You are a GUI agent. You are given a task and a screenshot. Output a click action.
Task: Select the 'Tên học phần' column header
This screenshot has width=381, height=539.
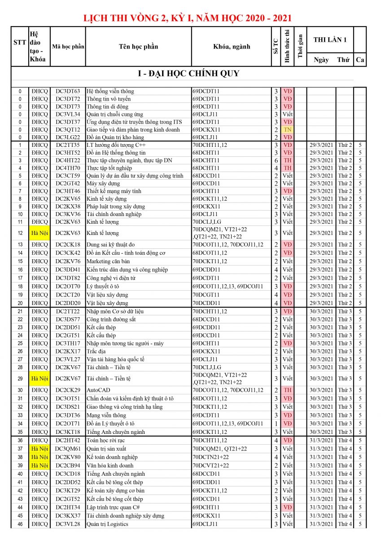pos(138,47)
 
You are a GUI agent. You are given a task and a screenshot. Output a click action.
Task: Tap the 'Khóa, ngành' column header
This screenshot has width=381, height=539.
pos(232,47)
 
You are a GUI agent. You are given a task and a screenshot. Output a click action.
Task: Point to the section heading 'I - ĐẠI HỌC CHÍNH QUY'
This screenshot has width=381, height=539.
pos(188,74)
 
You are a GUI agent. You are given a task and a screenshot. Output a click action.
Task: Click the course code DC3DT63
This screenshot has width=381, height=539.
pos(68,91)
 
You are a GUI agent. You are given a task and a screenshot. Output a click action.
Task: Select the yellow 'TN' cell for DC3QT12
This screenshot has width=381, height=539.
pos(288,129)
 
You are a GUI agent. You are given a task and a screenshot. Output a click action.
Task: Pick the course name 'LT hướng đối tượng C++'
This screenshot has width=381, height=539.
pos(116,145)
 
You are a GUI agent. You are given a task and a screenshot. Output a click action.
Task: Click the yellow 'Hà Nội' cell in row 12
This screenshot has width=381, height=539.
pos(39,233)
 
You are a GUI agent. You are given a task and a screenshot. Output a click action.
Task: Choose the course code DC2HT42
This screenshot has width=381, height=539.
pos(68,440)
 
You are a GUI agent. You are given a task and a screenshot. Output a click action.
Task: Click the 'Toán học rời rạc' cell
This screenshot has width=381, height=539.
pos(105,440)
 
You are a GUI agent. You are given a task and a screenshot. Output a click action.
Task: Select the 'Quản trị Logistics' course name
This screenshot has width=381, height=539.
pos(107,524)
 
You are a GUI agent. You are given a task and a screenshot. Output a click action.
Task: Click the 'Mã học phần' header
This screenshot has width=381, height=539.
pos(68,47)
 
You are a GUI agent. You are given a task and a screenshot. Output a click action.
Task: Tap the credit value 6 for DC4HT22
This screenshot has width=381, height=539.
pos(276,160)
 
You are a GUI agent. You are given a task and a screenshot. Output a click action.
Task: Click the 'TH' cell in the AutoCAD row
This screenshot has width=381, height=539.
pos(288,390)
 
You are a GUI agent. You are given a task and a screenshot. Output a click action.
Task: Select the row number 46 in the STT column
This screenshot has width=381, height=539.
pos(20,524)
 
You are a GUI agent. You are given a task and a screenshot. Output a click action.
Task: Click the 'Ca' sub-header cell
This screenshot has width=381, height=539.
pos(360,60)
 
